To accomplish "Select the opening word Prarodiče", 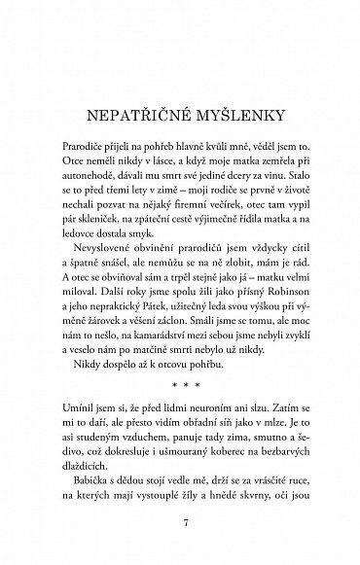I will (87, 142).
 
